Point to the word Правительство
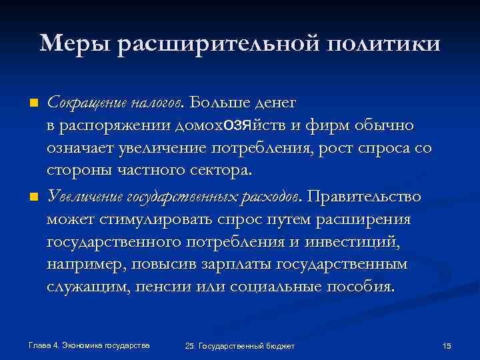tap(364, 197)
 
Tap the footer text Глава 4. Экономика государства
tap(89, 345)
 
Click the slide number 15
tap(447, 345)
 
